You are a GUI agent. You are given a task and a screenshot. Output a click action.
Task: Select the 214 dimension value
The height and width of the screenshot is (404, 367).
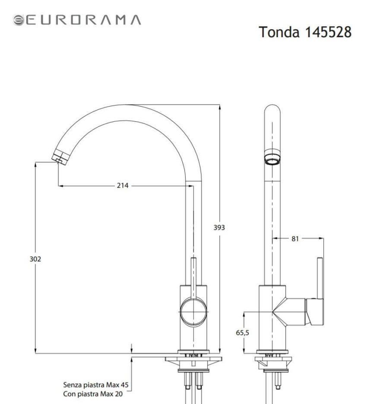123,186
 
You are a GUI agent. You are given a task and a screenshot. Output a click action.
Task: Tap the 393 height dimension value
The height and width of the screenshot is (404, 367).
219,227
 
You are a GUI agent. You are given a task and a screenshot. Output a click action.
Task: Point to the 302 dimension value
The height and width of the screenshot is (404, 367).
35,259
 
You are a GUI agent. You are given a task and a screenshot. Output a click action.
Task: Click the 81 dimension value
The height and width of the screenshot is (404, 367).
294,238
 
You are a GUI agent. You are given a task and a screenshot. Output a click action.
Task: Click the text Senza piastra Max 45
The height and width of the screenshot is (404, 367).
96,384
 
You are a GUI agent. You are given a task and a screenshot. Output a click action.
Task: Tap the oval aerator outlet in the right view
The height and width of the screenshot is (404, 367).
272,158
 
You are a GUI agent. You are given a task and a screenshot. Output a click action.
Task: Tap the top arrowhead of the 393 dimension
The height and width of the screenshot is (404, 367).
219,107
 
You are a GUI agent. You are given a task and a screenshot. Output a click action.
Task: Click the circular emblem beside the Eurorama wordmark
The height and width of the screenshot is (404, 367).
19,20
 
